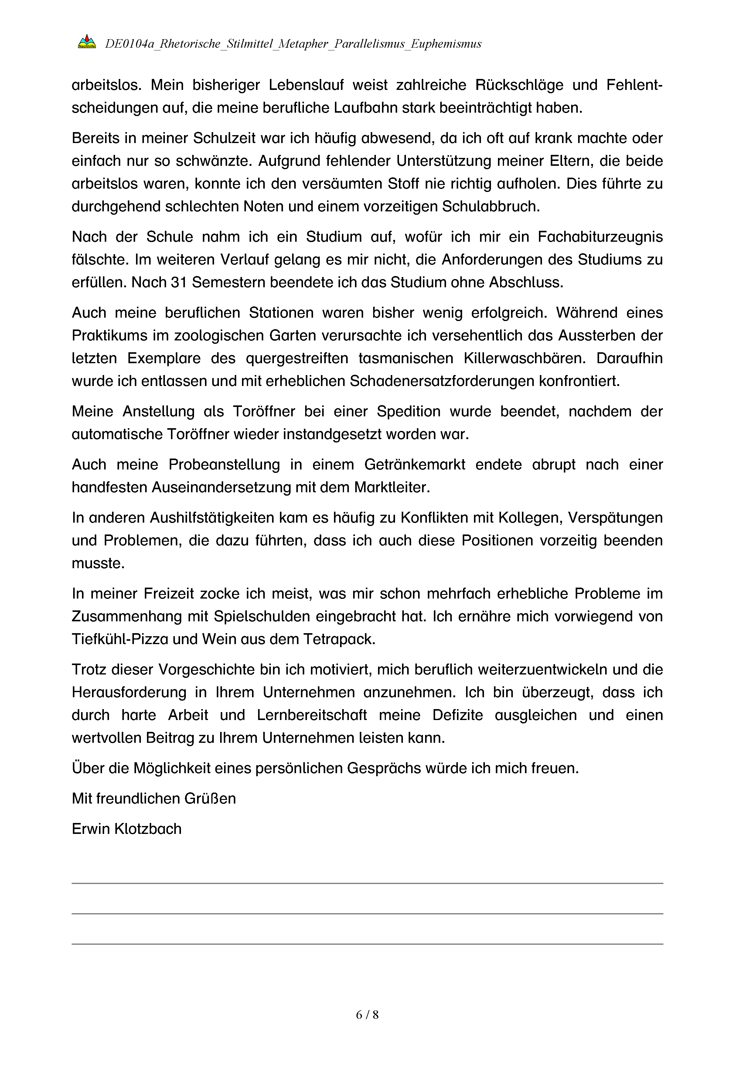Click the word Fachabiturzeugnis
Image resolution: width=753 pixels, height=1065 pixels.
[600, 237]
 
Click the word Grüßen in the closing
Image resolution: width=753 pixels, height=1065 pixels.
[210, 798]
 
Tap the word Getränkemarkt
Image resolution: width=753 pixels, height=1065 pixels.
[414, 465]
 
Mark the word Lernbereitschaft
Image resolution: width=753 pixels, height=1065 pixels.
[312, 715]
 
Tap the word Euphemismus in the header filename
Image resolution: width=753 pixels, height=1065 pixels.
[446, 44]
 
